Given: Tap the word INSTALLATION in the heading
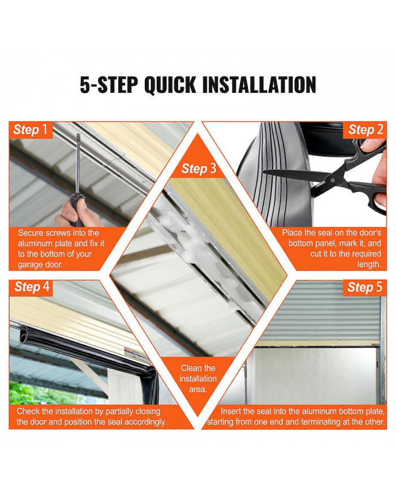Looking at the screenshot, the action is pyautogui.click(x=259, y=84).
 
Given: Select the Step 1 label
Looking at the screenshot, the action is pyautogui.click(x=31, y=130).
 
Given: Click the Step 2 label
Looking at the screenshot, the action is pyautogui.click(x=365, y=130).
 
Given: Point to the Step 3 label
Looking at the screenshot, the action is pyautogui.click(x=199, y=169).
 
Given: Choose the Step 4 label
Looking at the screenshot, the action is pyautogui.click(x=32, y=287).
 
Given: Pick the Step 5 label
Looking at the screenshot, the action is pyautogui.click(x=365, y=287).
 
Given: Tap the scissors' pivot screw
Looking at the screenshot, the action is pyautogui.click(x=332, y=181).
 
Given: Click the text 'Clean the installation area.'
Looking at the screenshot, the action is pyautogui.click(x=198, y=378).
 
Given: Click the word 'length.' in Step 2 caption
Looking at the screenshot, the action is pyautogui.click(x=369, y=264).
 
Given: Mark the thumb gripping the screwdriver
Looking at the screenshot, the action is pyautogui.click(x=82, y=205).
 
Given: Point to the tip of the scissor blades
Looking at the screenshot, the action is pyautogui.click(x=263, y=171).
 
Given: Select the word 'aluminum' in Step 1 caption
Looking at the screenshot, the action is pyautogui.click(x=35, y=243).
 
